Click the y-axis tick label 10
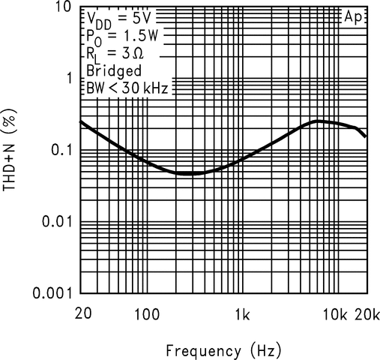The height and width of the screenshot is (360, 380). tap(61, 8)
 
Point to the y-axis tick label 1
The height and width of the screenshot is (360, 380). tap(67, 79)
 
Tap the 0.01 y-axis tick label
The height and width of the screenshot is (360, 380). tap(54, 221)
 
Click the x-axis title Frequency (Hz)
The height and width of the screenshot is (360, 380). tap(223, 349)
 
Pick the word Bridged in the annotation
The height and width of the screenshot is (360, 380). tap(112, 71)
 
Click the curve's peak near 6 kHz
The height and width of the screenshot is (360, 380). tap(319, 121)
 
